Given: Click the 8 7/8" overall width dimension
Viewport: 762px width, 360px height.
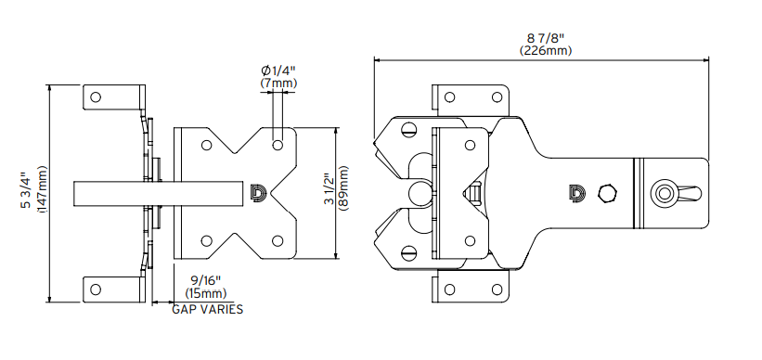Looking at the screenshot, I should (546, 38).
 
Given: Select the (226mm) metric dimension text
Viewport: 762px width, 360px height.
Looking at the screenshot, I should (546, 51).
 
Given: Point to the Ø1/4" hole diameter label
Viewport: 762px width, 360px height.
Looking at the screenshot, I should (278, 71).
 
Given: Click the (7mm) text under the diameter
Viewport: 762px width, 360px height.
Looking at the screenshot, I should (278, 84).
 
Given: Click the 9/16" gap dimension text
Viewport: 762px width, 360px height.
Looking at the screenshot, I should (205, 279).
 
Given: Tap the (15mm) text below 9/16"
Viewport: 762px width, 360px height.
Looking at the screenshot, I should (205, 292).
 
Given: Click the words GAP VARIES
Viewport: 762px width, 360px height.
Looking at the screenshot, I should (208, 309).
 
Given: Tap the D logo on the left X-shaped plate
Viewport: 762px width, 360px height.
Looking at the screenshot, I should (258, 192).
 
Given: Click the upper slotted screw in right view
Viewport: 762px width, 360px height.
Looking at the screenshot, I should (409, 131).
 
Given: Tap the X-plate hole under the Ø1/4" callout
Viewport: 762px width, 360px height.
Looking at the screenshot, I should (278, 146).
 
